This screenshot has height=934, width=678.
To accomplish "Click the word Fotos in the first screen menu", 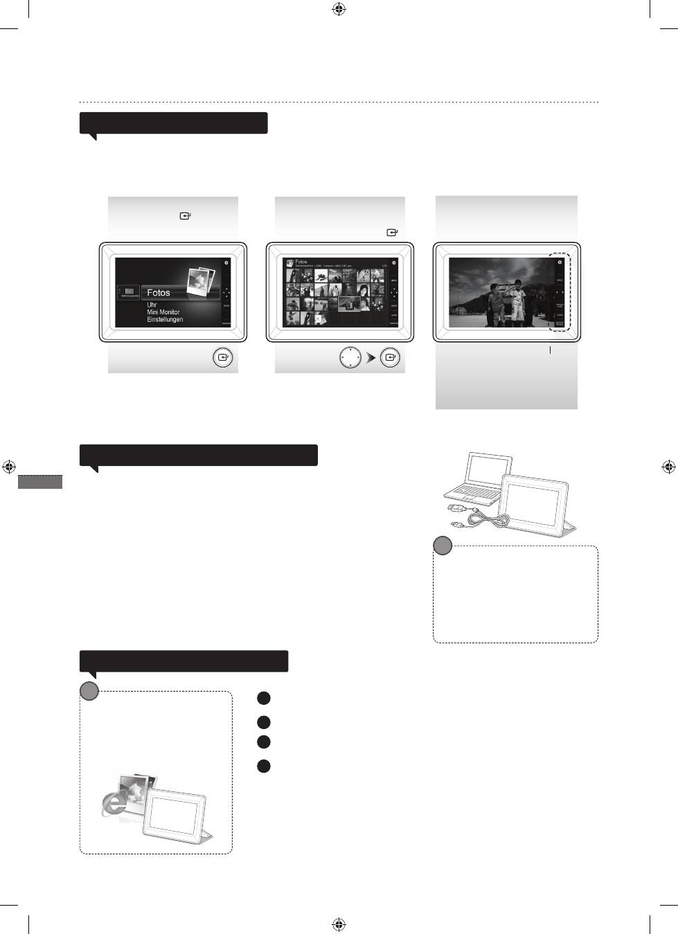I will click(159, 293).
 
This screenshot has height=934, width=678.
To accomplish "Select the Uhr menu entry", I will click(152, 305).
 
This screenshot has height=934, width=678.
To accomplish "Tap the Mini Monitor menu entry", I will click(163, 312).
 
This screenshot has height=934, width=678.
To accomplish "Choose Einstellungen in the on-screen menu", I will click(165, 320).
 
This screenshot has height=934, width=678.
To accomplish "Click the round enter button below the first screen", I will click(222, 358).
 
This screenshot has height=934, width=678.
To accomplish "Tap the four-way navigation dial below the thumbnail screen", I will click(350, 358).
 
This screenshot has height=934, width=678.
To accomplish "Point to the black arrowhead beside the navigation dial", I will click(371, 359).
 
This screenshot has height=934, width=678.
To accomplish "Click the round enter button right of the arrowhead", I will click(391, 358).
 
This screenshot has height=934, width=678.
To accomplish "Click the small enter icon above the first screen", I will click(185, 216).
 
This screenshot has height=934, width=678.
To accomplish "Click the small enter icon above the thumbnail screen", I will click(393, 233).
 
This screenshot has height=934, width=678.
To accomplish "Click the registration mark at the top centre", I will click(339, 10).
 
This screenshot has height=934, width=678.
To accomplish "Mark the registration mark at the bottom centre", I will click(339, 924).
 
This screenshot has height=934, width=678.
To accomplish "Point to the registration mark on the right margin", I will click(668, 467).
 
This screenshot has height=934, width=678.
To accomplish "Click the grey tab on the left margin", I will click(40, 482).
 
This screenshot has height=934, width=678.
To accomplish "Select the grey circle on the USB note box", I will click(443, 546).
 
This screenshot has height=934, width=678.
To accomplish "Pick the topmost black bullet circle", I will click(263, 699).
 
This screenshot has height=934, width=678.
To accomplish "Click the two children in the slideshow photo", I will click(507, 301).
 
